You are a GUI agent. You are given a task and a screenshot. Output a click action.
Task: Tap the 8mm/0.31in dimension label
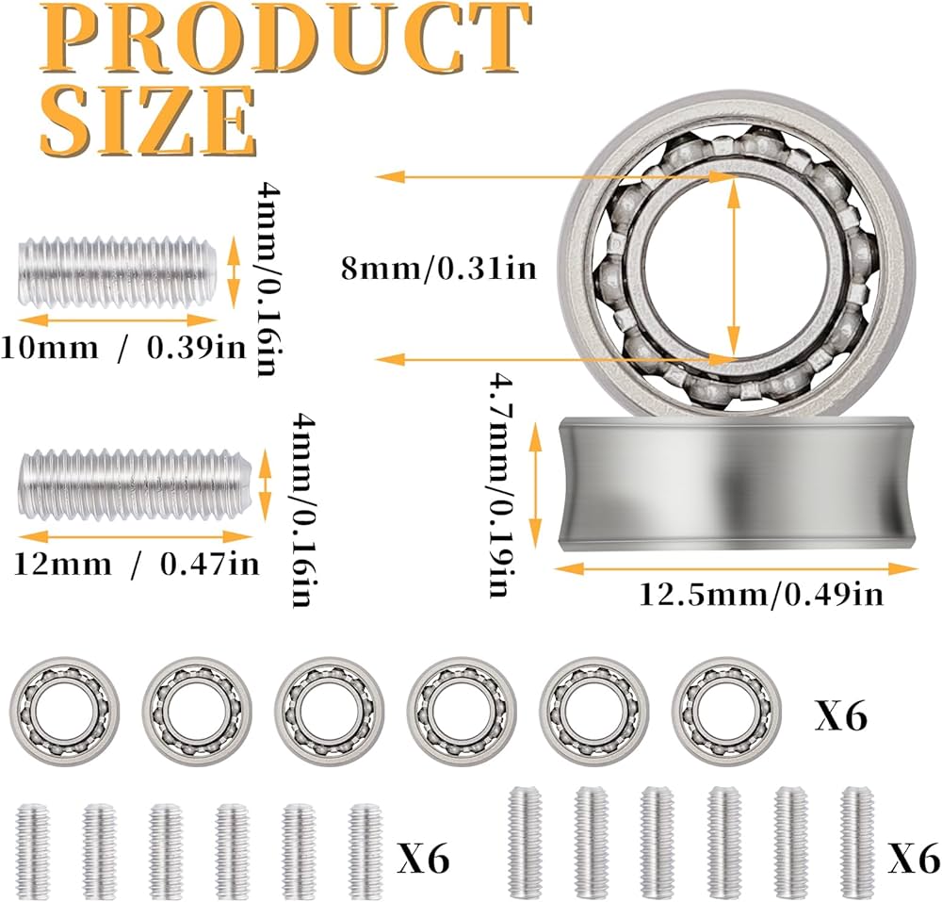click(x=439, y=268)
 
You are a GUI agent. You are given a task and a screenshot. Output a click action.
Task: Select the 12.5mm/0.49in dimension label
click(x=760, y=595)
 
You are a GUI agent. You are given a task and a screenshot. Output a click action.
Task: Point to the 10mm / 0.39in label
click(x=123, y=348)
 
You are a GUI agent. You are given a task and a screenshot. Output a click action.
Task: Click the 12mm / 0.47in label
click(x=137, y=565)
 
